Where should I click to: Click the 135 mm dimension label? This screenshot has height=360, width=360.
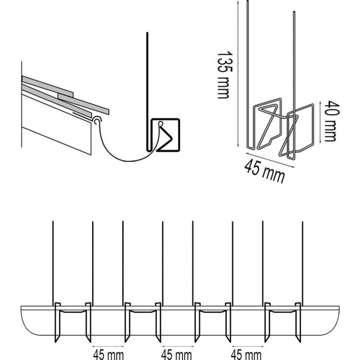coord(223,75)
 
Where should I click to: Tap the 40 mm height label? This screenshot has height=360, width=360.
coord(330,121)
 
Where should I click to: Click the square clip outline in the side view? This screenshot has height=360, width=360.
coord(166,135)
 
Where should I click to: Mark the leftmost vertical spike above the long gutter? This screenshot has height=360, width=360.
coord(53,257)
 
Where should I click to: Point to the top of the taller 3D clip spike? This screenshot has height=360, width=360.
coord(247,4)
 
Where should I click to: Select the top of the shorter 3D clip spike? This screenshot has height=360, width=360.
coord(294,13)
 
